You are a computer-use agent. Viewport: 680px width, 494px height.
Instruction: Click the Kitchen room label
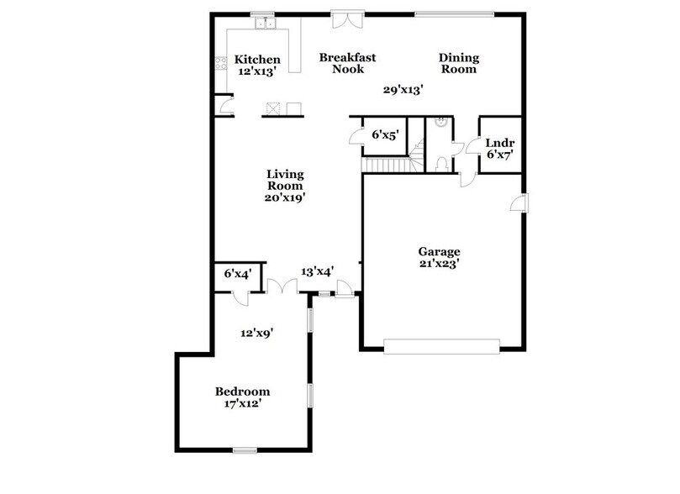(x=256, y=60)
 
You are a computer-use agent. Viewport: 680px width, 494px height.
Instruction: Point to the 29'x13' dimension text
(x=403, y=89)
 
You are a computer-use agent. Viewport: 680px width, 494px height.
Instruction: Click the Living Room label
(x=285, y=180)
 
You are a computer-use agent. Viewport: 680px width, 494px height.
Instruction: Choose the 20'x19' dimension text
(x=284, y=198)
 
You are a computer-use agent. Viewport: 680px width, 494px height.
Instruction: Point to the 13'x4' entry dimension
(x=318, y=271)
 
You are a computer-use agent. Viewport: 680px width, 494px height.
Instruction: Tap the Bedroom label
(x=243, y=392)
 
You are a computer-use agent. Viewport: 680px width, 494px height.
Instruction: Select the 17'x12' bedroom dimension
(x=243, y=404)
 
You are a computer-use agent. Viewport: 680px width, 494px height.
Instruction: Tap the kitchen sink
(x=268, y=23)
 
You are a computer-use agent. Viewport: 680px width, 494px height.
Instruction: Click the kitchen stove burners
(x=222, y=62)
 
